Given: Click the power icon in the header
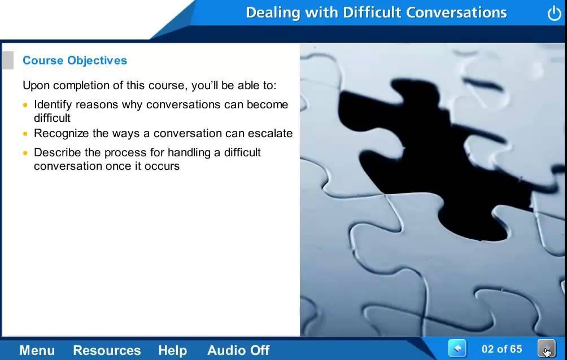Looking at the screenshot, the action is [554, 14].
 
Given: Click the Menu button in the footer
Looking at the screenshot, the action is [37, 350].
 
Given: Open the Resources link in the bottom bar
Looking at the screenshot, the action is [107, 350].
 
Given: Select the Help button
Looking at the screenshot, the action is [172, 350].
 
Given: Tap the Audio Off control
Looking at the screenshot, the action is [238, 350].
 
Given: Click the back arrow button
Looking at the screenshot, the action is [457, 349].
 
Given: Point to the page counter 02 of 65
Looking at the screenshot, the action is [502, 349].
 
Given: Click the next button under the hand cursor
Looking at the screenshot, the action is [547, 349].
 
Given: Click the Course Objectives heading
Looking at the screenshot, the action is [75, 60].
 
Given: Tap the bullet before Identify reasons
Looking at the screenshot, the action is [25, 105].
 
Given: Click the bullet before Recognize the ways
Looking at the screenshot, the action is [25, 134].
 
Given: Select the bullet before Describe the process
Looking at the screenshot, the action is [25, 153].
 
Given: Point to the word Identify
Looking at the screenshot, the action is [53, 104].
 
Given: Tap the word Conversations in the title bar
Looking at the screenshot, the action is [456, 12].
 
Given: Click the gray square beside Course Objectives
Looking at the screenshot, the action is [7, 60].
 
